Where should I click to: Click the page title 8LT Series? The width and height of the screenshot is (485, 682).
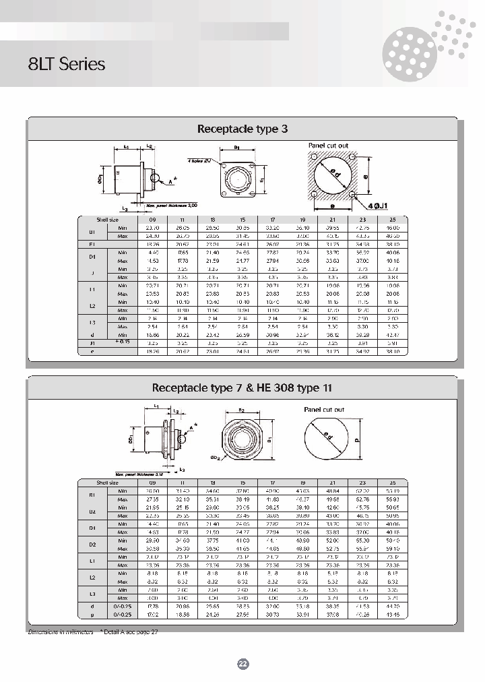67,64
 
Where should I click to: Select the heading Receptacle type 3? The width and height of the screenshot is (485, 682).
242,128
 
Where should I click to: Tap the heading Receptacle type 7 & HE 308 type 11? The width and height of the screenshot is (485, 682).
242,387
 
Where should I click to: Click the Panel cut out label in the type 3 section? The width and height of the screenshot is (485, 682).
328,146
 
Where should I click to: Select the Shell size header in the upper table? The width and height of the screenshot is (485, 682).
106,219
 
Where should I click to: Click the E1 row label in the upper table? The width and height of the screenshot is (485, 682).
92,244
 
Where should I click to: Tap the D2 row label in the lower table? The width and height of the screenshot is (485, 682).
92,545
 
